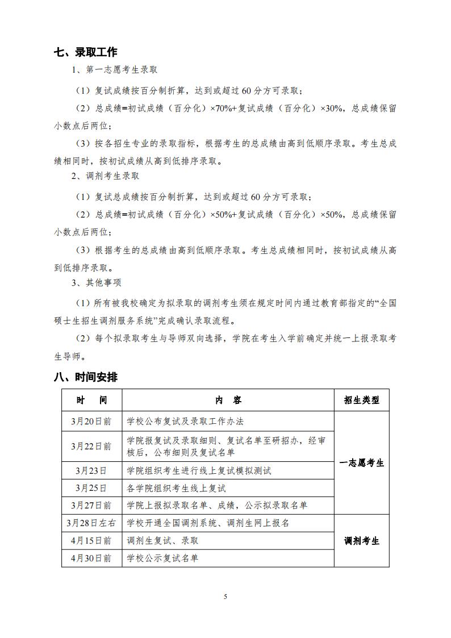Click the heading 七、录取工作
(86, 52)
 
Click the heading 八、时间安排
(86, 377)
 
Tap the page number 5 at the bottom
(225, 596)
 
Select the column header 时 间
(91, 400)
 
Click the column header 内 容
(228, 400)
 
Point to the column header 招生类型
(361, 400)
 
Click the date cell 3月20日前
(91, 422)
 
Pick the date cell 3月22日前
(91, 447)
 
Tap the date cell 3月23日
(91, 471)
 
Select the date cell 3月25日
(91, 488)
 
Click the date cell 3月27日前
(91, 505)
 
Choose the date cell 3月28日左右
(91, 523)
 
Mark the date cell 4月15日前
(91, 540)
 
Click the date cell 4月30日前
(91, 558)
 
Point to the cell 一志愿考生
(361, 463)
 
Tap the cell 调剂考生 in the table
(361, 540)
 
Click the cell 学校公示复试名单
(163, 558)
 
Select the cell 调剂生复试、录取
(163, 540)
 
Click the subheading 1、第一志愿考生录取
(114, 70)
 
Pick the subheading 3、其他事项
(96, 282)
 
